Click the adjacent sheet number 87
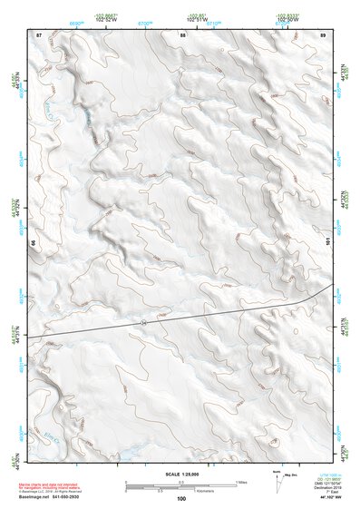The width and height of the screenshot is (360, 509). click(x=39, y=34)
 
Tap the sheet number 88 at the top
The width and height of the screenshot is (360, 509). click(x=183, y=34)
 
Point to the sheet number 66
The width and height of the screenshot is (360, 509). click(x=32, y=243)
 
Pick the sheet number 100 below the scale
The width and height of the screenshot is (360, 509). click(x=181, y=498)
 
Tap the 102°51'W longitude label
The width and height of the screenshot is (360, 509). click(x=192, y=19)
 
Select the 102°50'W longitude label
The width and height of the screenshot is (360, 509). click(x=287, y=19)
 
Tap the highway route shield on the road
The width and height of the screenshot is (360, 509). click(x=144, y=322)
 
